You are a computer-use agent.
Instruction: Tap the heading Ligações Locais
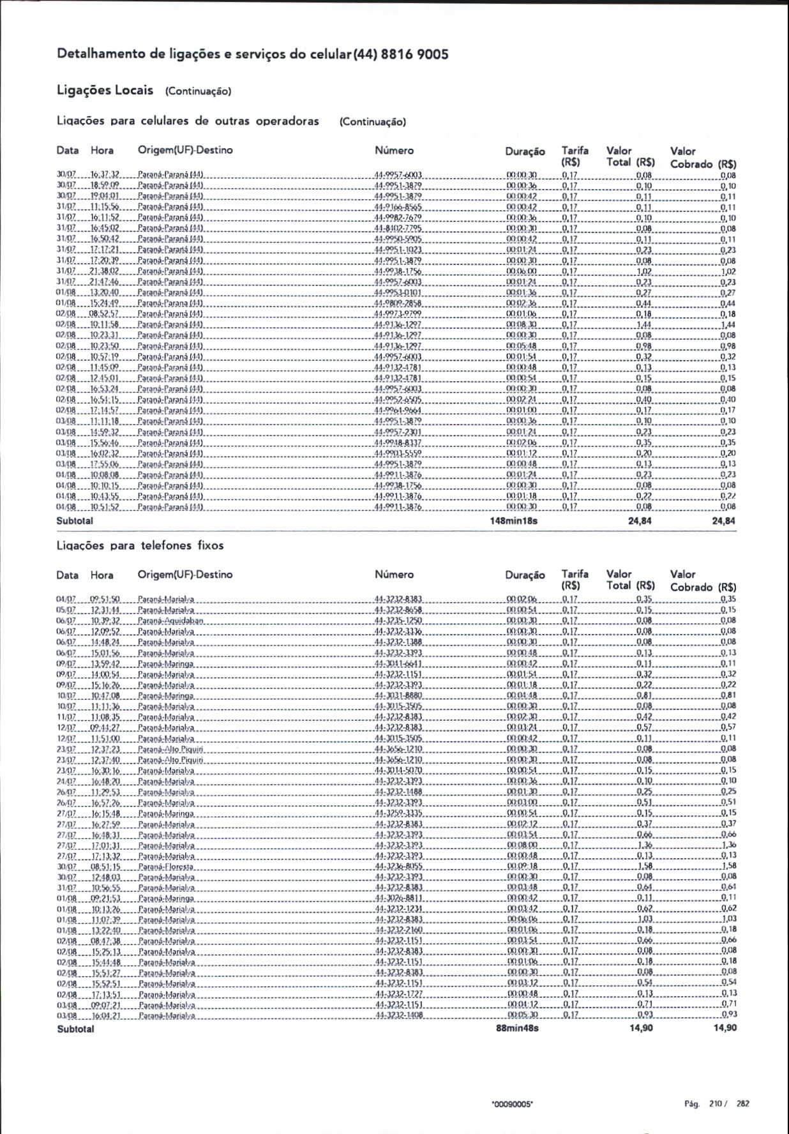[x=105, y=90]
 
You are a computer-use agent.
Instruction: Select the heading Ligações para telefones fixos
[x=140, y=545]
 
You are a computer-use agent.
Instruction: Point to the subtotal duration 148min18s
[x=513, y=521]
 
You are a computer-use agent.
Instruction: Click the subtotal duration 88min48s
[x=517, y=1028]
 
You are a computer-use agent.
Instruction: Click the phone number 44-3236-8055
[x=398, y=867]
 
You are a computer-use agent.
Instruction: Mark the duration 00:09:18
[x=522, y=867]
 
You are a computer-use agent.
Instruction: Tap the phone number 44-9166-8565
[x=398, y=208]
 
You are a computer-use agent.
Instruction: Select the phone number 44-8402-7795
[x=398, y=229]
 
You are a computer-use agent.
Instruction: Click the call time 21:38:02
[x=105, y=271]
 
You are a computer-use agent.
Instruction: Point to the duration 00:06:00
[x=522, y=271]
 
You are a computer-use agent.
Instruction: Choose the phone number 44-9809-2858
[x=398, y=303]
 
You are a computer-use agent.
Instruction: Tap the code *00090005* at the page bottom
[x=512, y=1104]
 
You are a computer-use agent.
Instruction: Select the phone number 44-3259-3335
[x=398, y=813]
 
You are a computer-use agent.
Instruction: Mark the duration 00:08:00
[x=522, y=845]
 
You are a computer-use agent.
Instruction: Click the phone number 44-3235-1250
[x=398, y=621]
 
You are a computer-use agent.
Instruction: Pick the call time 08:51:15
[x=105, y=867]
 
